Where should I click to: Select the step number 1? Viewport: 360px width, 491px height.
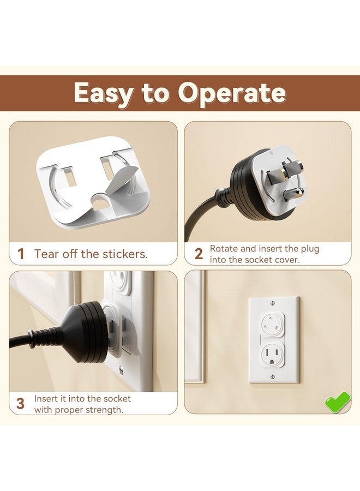click(21, 254)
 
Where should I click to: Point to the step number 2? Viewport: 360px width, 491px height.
click(199, 254)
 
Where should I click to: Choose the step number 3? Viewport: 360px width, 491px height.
click(20, 404)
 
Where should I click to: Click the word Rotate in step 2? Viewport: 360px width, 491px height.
click(224, 249)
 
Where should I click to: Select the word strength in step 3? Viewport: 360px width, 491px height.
click(103, 409)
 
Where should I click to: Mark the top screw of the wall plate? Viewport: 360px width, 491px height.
click(273, 303)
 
